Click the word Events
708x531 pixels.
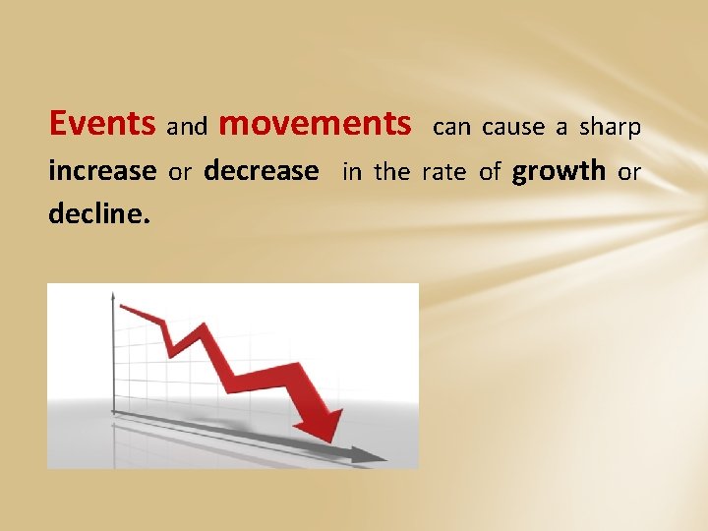(102, 124)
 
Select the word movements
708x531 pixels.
(315, 124)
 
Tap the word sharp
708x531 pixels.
(610, 127)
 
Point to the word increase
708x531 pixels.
(102, 171)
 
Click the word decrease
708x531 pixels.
(261, 171)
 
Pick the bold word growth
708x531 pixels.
(560, 172)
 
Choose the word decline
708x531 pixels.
(99, 213)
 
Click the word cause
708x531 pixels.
(513, 127)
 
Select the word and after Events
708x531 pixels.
(187, 127)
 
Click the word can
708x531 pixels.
(452, 127)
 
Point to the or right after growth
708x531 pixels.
(629, 172)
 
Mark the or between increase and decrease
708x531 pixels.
(180, 172)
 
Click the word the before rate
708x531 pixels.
(391, 172)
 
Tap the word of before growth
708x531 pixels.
(490, 172)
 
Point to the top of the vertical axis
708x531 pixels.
(113, 294)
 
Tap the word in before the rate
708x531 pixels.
(352, 172)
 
